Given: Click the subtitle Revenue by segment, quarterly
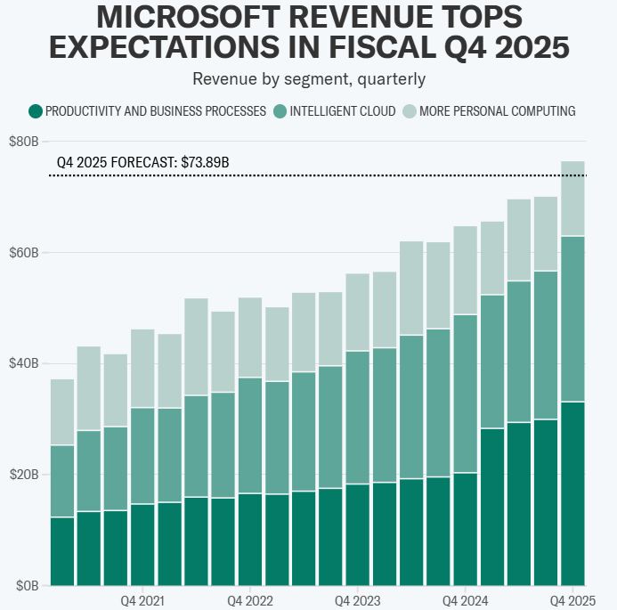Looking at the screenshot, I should coord(309,79).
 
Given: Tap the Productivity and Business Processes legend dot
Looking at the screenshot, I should coord(36,111).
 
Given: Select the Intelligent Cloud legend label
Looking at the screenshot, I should coord(339,111).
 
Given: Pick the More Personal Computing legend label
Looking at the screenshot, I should coord(498,111).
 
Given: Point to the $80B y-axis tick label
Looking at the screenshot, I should coord(24,142).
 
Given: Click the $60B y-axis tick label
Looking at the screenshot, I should coord(24,253).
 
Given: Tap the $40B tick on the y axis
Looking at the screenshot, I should coord(24,363).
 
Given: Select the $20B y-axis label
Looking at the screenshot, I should coord(24,475).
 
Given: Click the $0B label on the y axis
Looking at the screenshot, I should coord(27,586).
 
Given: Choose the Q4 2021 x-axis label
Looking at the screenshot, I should coord(142,600).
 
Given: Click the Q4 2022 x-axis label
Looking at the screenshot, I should coord(250,600).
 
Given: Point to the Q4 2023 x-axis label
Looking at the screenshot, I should coord(356,600).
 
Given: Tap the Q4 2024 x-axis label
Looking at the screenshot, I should coord(463,600).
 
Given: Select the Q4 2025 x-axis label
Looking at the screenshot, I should coord(572,600).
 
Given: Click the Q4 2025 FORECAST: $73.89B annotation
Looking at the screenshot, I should coord(142,163).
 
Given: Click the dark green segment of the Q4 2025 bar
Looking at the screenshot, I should coord(572,494).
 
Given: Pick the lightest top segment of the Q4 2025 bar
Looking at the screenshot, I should coord(572,198).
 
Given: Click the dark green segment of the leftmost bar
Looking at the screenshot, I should coord(62,551).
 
